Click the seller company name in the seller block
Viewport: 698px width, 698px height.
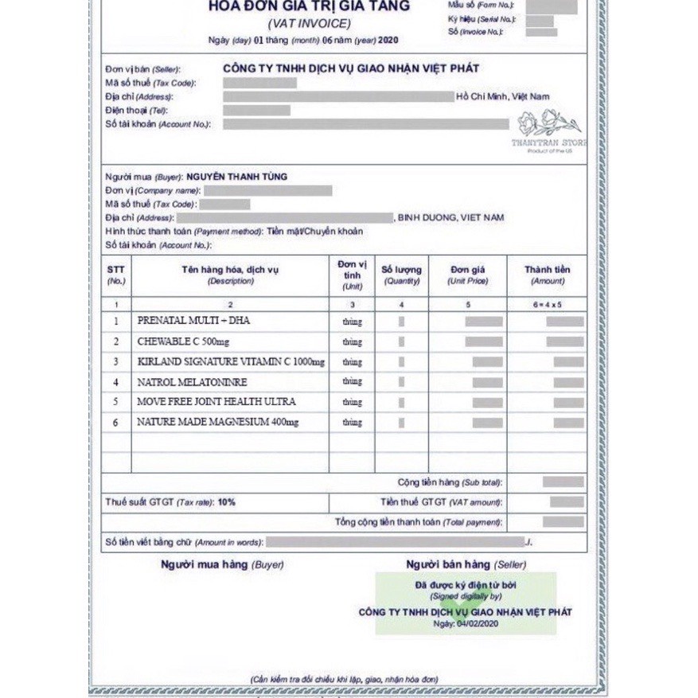click(351, 69)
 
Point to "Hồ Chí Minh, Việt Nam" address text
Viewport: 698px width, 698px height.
click(503, 96)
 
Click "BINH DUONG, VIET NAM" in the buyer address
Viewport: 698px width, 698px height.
click(451, 217)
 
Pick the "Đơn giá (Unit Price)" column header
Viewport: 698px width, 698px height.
click(467, 275)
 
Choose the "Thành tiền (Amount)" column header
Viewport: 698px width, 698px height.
click(547, 275)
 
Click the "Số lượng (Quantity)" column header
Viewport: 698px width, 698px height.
click(402, 275)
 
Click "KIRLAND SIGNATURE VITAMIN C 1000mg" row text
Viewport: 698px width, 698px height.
click(231, 362)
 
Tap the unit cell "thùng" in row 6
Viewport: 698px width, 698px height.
click(352, 423)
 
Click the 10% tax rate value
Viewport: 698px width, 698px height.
click(227, 503)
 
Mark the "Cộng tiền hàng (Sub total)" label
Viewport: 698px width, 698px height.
click(450, 483)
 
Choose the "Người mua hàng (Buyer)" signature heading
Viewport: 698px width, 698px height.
click(222, 564)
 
